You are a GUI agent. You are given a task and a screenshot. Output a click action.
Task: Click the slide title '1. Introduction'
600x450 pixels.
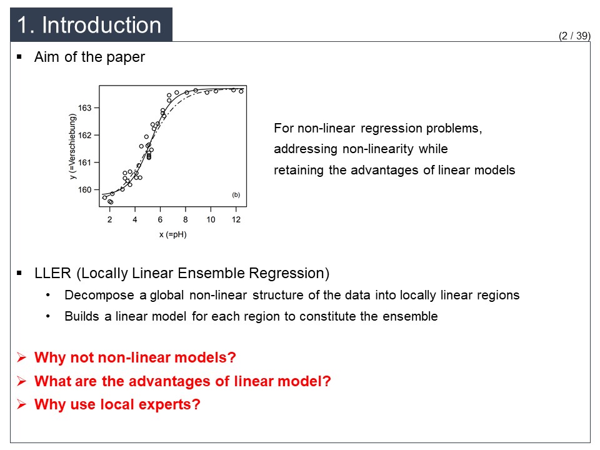click(89, 25)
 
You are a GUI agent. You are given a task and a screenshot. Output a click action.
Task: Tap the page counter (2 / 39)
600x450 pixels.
click(574, 36)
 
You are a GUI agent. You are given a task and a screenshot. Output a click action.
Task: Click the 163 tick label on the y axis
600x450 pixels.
click(84, 108)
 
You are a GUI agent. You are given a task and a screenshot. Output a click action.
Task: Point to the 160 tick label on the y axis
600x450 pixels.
click(84, 190)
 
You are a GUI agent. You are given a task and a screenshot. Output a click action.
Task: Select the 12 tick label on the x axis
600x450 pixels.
click(236, 219)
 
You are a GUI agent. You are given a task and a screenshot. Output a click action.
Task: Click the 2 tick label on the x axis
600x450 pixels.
click(110, 219)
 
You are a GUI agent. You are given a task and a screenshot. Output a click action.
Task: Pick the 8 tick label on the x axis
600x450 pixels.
click(186, 219)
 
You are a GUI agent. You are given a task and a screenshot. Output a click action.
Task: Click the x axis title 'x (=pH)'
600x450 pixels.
click(173, 234)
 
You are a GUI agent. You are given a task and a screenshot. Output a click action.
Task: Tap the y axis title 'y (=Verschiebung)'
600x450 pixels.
click(72, 146)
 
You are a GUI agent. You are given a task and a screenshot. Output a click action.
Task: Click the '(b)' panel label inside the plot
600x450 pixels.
click(236, 195)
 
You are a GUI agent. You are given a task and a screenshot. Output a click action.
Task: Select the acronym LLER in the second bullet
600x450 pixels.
click(52, 273)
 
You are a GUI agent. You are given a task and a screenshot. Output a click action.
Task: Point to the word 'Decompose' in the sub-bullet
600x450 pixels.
click(99, 296)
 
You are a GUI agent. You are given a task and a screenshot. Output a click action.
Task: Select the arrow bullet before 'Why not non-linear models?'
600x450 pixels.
click(21, 357)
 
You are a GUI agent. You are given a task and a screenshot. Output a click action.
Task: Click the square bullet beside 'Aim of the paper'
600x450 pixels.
click(19, 57)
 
